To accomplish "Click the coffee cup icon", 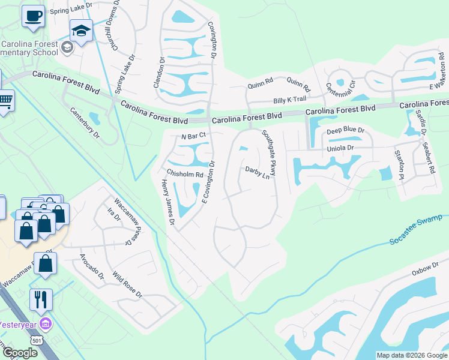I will [34, 16].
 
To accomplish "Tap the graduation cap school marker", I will [81, 30].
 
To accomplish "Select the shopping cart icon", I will [5, 100].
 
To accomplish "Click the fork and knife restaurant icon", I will [41, 299].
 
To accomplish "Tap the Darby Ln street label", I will [258, 173].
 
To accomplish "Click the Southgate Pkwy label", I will [268, 152].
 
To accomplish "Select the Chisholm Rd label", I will [185, 174].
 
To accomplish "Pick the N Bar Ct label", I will [193, 137].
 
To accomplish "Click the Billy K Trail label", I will [290, 99].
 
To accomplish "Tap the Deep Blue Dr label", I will [345, 130].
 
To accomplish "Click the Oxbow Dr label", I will [426, 272].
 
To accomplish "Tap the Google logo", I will [19, 353].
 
